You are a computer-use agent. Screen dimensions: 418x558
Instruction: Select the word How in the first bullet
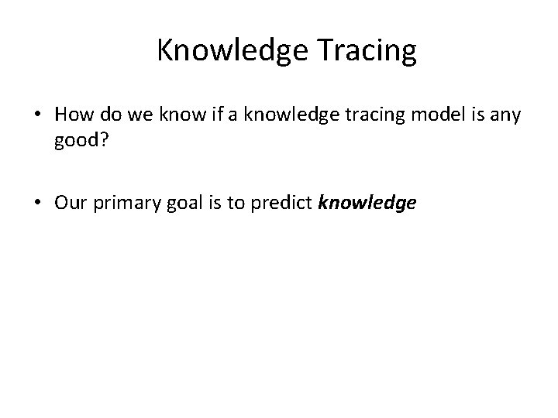[x=72, y=116]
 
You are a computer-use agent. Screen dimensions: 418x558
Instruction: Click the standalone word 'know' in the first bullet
[x=164, y=116]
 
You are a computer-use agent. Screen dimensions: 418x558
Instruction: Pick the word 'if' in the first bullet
[x=192, y=116]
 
